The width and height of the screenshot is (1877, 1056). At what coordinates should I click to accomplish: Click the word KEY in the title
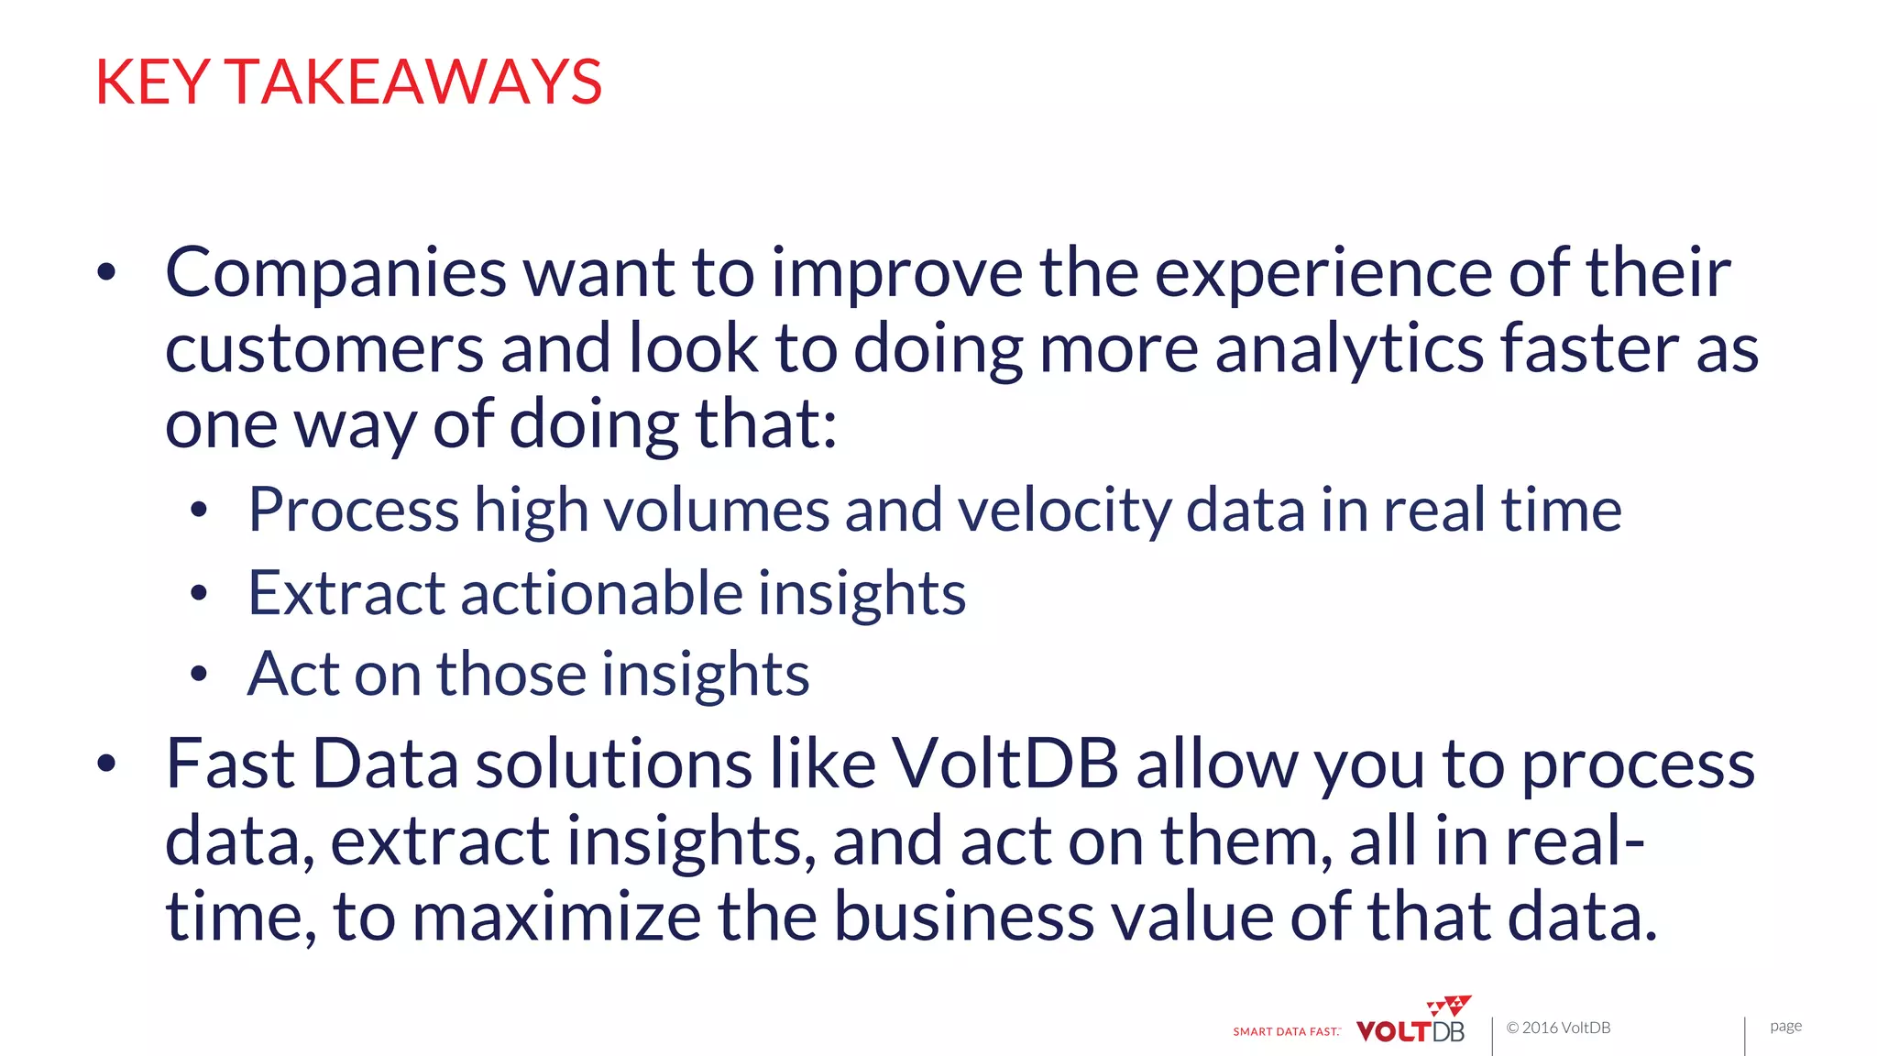pos(153,82)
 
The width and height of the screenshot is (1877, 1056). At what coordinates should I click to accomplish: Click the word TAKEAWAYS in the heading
pos(413,82)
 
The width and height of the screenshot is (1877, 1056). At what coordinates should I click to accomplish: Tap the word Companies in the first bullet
pos(335,273)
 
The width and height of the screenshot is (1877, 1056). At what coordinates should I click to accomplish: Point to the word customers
pos(324,349)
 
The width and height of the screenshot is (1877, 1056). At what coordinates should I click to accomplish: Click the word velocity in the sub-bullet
pos(1064,510)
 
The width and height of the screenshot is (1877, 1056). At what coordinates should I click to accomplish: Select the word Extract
pos(346,593)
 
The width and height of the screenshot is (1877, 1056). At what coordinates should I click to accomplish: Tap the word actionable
pos(600,593)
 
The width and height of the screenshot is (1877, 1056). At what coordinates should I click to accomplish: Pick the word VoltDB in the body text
pos(1004,764)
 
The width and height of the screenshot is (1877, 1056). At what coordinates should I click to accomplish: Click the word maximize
pos(556,917)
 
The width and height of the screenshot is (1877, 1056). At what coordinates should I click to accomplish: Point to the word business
pos(963,917)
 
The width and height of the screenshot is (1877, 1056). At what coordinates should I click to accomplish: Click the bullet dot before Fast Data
pos(107,763)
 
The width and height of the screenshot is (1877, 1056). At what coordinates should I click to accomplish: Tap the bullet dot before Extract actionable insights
pos(199,594)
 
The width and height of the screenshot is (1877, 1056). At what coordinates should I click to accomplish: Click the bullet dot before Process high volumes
pos(199,511)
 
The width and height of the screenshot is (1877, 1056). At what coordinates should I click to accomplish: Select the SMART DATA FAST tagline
pos(1286,1031)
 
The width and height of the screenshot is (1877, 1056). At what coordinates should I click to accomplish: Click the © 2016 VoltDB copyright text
pos(1558,1028)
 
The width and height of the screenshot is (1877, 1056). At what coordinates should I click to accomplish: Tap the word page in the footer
pos(1785,1027)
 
